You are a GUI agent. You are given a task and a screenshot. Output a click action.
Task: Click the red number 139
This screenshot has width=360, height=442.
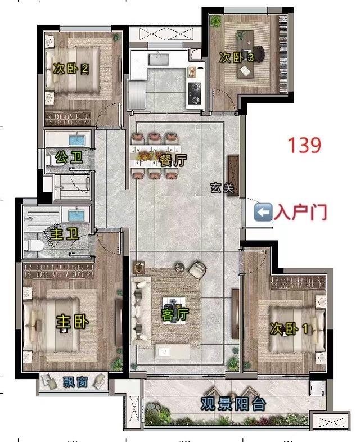(x=304, y=145)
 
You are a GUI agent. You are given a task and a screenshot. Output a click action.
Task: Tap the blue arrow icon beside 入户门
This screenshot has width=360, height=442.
(x=263, y=212)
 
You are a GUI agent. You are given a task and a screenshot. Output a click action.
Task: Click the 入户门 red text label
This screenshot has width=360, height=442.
(x=300, y=212)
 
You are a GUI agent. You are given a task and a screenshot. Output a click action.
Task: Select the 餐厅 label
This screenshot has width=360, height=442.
(x=173, y=160)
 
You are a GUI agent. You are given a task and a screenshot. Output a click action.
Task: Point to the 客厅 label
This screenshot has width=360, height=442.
(x=175, y=314)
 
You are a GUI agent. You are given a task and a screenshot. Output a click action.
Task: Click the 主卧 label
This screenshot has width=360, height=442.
(x=73, y=322)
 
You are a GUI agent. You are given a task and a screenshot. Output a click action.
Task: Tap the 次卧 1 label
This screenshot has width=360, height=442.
(x=289, y=328)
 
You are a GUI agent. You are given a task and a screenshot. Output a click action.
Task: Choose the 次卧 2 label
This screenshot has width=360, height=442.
(x=71, y=68)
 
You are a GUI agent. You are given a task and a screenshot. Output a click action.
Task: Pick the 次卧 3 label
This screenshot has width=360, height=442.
(x=237, y=57)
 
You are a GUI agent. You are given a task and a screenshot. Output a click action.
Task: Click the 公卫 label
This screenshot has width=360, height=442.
(x=69, y=157)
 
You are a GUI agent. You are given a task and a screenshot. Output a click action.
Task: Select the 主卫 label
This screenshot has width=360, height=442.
(x=65, y=234)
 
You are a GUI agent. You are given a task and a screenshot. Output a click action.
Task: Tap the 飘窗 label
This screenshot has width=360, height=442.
(x=75, y=382)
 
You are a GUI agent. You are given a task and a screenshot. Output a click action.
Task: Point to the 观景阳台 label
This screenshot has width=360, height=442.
(x=233, y=404)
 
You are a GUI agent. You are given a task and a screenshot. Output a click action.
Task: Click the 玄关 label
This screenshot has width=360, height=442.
(x=222, y=188)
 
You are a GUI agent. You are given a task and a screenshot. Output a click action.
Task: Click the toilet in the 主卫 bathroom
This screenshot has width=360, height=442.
(x=34, y=246)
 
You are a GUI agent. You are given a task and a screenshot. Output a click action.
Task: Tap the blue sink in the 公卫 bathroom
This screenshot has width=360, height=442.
(x=77, y=140)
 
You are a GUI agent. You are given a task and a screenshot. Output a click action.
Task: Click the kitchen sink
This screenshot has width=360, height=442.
(x=159, y=60)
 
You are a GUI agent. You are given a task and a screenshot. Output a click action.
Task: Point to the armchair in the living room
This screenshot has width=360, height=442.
(x=197, y=270)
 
